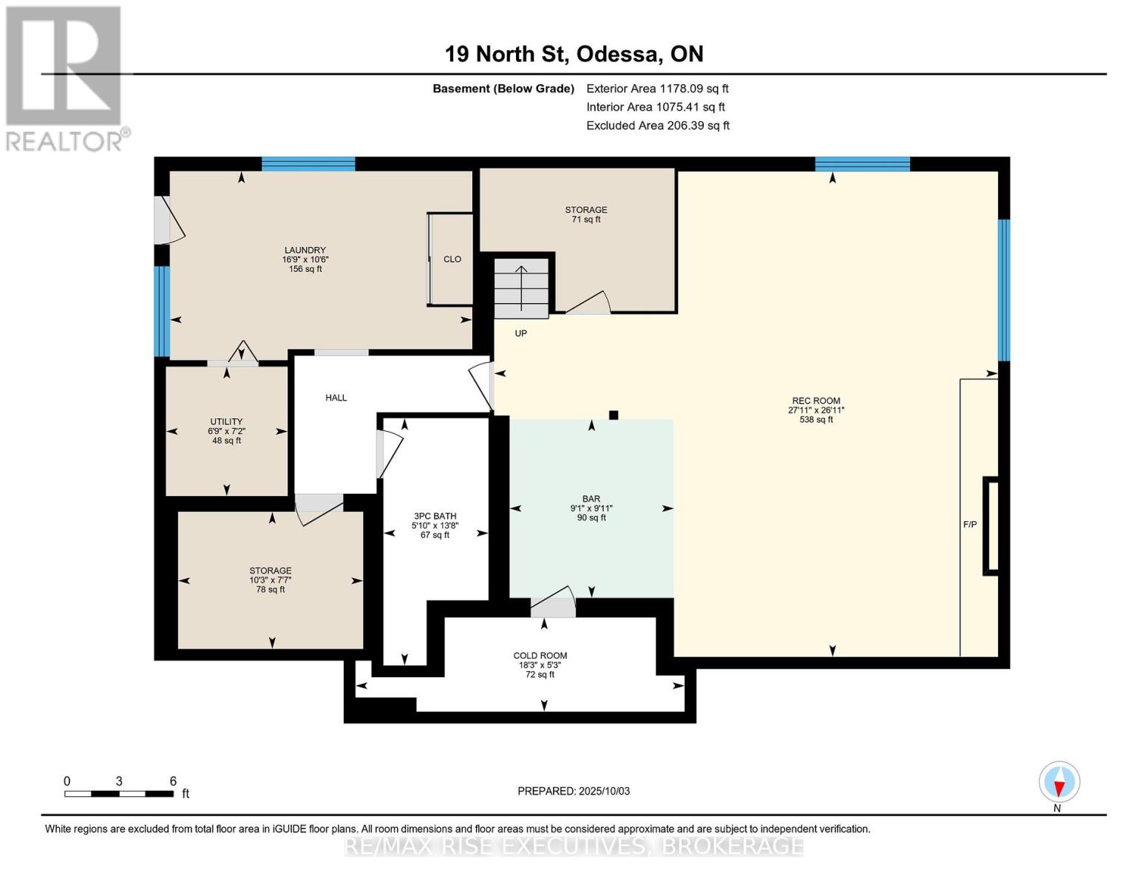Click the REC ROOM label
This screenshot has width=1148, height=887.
815,401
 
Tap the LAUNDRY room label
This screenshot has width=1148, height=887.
305,250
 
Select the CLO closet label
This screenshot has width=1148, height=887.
452,259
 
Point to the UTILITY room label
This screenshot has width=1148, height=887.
226,421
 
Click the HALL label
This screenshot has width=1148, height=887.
336,397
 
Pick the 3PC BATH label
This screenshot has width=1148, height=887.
435,516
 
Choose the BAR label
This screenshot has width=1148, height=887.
591,499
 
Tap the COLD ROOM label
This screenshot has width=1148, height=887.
540,656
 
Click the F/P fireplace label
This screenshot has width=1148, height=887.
970,525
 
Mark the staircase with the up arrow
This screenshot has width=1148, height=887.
521,288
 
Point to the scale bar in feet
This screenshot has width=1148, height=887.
120,793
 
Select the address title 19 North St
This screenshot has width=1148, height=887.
506,54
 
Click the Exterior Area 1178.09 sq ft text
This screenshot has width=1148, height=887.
657,89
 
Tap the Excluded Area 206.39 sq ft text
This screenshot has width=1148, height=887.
658,126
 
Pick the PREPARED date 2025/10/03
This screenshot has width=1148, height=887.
574,791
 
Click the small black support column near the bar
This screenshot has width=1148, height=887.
614,415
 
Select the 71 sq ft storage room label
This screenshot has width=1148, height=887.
586,214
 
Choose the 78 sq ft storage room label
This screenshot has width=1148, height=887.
271,580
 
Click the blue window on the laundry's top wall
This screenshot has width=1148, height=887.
308,164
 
